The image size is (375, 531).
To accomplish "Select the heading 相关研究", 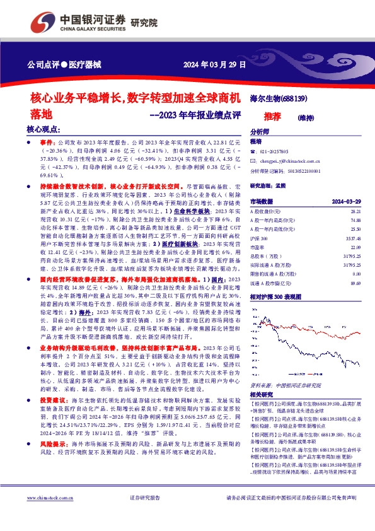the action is click(x=261, y=393).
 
